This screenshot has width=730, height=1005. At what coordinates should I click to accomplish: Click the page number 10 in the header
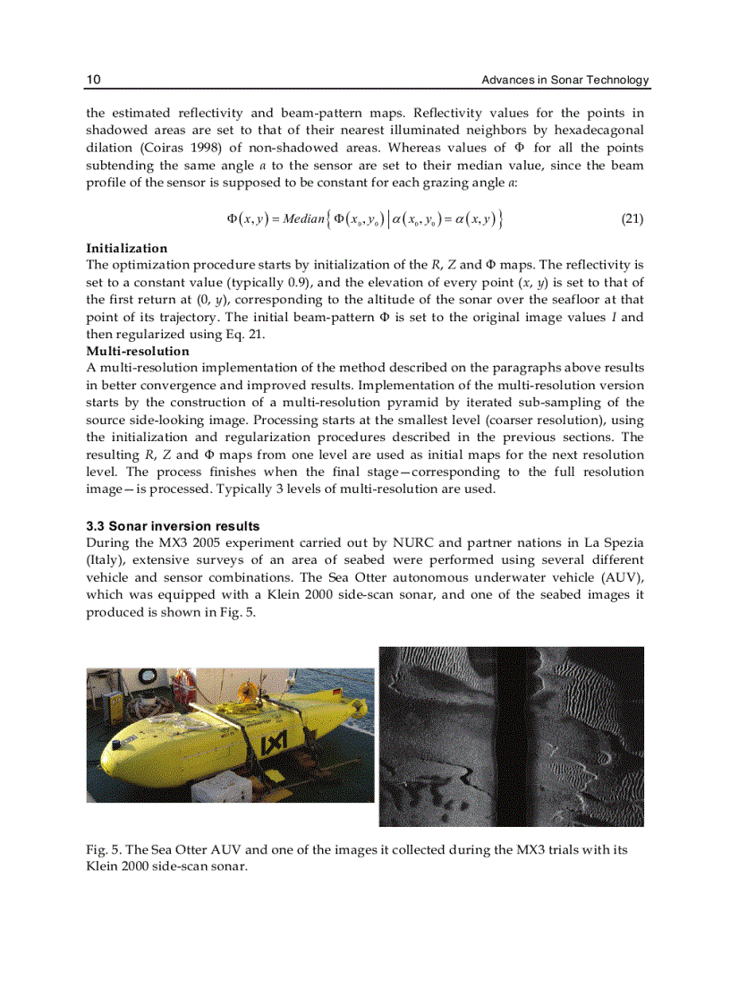pyautogui.click(x=93, y=81)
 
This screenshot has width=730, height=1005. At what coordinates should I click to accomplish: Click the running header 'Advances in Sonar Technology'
pyautogui.click(x=564, y=81)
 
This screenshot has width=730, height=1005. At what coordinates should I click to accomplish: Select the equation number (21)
pyautogui.click(x=632, y=218)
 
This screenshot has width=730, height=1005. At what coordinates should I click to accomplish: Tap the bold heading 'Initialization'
pyautogui.click(x=126, y=248)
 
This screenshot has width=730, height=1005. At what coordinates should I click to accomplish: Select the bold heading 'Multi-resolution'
pyautogui.click(x=137, y=351)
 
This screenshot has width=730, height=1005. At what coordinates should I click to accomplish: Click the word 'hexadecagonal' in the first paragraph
pyautogui.click(x=599, y=131)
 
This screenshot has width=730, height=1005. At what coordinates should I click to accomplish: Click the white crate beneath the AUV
pyautogui.click(x=219, y=787)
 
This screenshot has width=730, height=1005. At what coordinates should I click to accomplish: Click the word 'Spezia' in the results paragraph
pyautogui.click(x=623, y=543)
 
